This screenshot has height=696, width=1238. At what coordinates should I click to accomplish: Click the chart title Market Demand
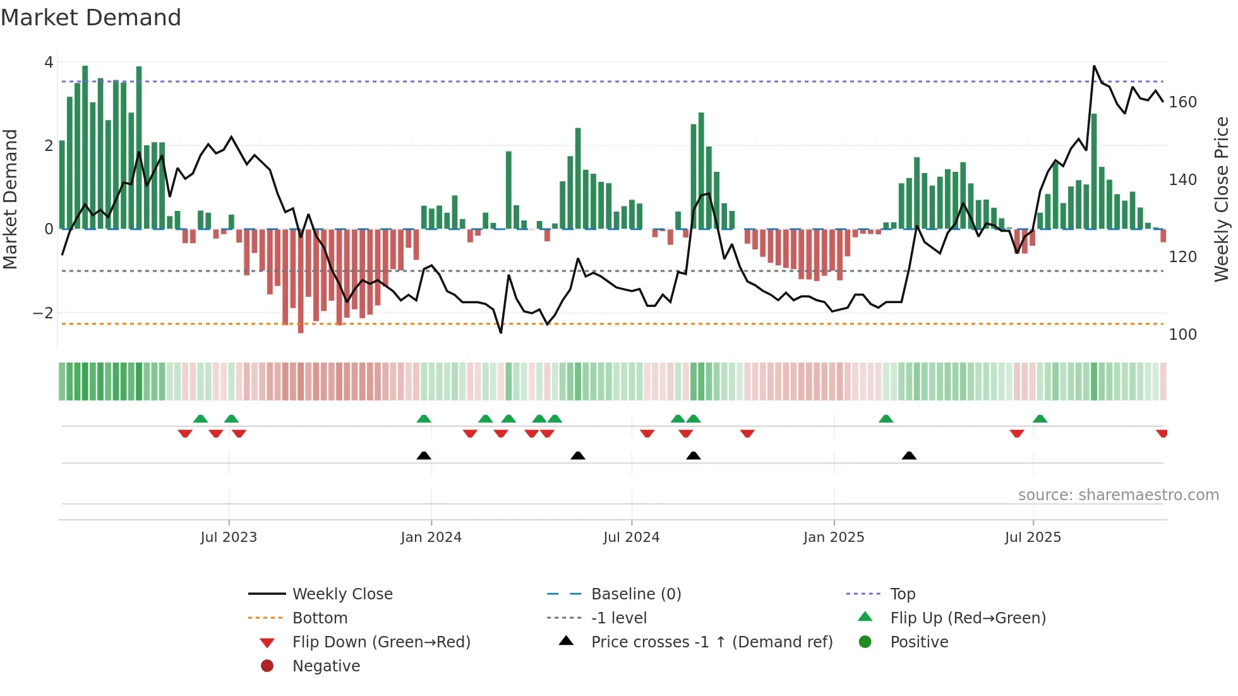pos(91,18)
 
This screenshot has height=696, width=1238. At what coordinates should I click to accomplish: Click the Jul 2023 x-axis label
pos(229,537)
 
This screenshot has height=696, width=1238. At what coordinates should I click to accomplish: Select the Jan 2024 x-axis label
pos(431,537)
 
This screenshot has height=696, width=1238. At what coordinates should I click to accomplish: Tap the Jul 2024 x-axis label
pos(632,537)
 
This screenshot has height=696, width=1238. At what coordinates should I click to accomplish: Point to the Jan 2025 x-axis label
pos(834,537)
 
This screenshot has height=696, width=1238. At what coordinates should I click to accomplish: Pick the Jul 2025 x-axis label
pos(1033,537)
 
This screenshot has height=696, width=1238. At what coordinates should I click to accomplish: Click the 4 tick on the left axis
pos(49,63)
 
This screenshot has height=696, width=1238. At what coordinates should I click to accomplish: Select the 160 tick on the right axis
pos(1182,102)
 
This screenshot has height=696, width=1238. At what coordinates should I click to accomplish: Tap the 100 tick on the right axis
pos(1182,335)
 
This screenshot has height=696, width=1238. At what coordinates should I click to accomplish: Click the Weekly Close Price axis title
pos(1222,199)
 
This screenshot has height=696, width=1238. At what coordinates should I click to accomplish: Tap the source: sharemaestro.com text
pos(1118,495)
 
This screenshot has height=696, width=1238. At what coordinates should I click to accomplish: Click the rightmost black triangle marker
pos(909,456)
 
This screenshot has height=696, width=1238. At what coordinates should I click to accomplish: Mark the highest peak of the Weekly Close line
pos(1094,66)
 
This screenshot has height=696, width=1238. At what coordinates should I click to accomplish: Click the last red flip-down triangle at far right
pos(1162,433)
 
